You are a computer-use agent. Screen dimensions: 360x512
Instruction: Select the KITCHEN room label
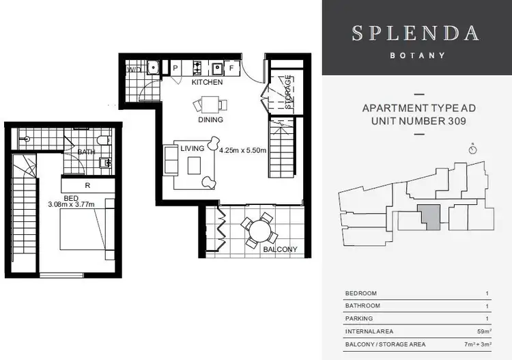coord(207,82)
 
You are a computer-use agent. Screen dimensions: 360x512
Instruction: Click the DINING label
coord(210,120)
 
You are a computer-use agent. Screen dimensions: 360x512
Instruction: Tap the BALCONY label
coord(280,249)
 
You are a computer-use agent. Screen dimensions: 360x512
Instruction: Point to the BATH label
coord(87,152)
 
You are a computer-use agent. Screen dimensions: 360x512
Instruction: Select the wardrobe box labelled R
coord(87,184)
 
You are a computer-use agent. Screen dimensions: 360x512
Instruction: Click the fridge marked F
coord(231,68)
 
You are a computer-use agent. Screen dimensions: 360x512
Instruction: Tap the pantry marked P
coord(175,68)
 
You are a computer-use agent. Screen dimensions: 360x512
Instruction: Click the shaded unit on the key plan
coord(430,217)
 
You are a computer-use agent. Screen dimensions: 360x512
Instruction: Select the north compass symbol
coord(473,149)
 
